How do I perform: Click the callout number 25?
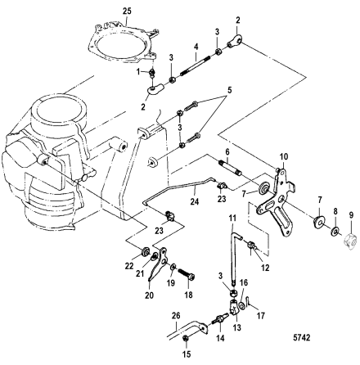(x=127, y=11)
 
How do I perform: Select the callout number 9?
(x=351, y=215)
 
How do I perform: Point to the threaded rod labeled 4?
(x=195, y=66)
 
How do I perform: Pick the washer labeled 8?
(x=335, y=232)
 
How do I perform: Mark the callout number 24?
(x=195, y=202)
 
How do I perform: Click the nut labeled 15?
(x=185, y=338)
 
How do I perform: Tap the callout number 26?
(x=176, y=317)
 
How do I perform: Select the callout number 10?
(x=284, y=157)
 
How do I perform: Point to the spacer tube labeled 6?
(x=230, y=169)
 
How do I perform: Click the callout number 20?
(x=150, y=295)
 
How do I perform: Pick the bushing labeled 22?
(x=145, y=251)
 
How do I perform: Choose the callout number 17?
(x=261, y=316)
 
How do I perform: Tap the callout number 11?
(x=232, y=219)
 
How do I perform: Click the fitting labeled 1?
(x=153, y=72)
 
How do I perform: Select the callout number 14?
(x=220, y=338)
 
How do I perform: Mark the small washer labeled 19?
(x=173, y=267)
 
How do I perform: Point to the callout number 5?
(x=229, y=90)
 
